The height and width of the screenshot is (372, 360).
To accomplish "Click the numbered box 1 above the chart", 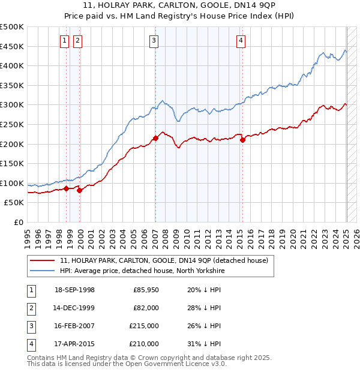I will click(x=64, y=41).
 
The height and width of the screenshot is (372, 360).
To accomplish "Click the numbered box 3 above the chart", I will click(x=154, y=41).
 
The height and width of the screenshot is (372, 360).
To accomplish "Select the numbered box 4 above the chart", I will click(x=241, y=41).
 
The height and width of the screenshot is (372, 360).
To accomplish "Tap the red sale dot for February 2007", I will click(x=155, y=138).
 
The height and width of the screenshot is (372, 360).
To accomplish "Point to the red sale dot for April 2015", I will click(x=242, y=140).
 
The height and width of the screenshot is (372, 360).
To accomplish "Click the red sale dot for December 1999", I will click(x=79, y=190).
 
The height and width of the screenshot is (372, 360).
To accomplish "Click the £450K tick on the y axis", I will click(x=12, y=46).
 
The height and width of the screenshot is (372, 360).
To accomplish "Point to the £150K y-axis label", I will click(x=12, y=163).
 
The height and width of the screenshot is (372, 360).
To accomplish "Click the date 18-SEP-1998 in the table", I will click(x=74, y=290).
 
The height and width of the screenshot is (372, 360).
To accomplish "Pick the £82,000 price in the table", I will click(x=146, y=308).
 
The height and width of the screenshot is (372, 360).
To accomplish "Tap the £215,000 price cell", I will click(x=145, y=326).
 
